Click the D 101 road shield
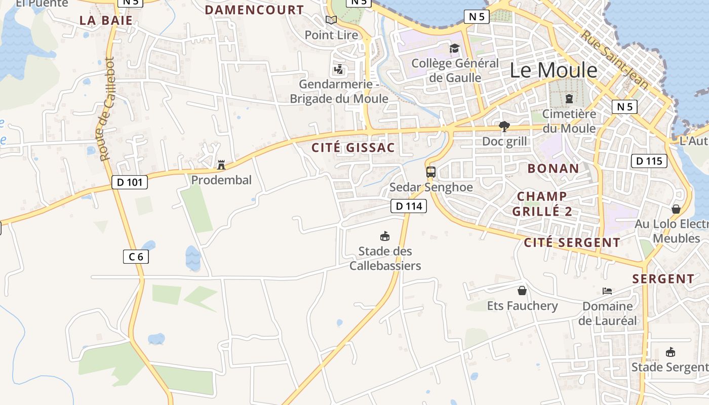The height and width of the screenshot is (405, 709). [x=129, y=182]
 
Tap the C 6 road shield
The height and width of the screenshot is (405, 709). [x=136, y=257]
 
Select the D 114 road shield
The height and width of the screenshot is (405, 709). [x=409, y=206]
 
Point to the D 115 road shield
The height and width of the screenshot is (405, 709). [x=649, y=161]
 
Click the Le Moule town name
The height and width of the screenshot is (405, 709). [x=554, y=70]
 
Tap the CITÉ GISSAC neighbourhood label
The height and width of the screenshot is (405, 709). [x=353, y=148]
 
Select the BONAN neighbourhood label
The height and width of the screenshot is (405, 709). [x=553, y=169]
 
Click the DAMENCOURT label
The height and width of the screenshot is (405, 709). [x=254, y=10]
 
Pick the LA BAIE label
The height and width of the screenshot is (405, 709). [x=106, y=21]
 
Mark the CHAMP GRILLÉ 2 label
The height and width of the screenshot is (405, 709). [x=542, y=204]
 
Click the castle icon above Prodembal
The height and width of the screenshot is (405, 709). [x=221, y=165]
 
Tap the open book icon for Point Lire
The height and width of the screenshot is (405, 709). [x=331, y=20]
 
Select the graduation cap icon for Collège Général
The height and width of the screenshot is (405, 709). [x=454, y=48]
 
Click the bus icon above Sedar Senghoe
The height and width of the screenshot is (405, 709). [x=431, y=172]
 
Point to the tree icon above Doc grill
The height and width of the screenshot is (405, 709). [x=504, y=126]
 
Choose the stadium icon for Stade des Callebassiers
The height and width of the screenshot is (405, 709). [x=385, y=236]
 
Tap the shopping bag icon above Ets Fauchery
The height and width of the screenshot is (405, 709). [x=522, y=291]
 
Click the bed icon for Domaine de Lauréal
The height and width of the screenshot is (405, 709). [x=607, y=291]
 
